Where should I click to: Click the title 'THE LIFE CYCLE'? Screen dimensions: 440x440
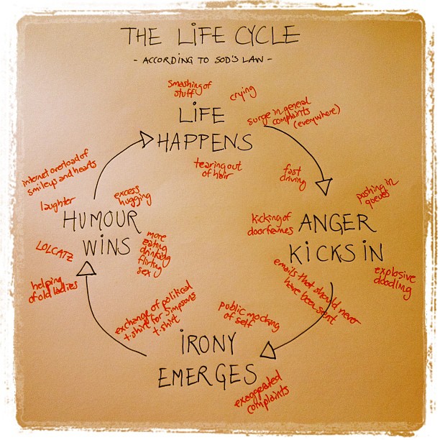click(209, 36)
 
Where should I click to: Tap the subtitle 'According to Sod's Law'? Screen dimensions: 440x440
click(208, 60)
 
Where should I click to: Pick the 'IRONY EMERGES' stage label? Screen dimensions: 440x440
click(207, 359)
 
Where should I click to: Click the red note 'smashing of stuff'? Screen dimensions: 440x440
click(190, 88)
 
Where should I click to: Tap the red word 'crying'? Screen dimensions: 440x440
click(242, 94)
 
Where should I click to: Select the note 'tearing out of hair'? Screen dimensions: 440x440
click(217, 168)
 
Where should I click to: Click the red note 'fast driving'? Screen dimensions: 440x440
click(293, 178)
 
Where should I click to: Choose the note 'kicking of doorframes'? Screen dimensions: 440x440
click(272, 224)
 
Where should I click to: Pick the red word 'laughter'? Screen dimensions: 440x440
click(58, 206)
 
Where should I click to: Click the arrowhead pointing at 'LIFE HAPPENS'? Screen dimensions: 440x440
click(146, 137)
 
